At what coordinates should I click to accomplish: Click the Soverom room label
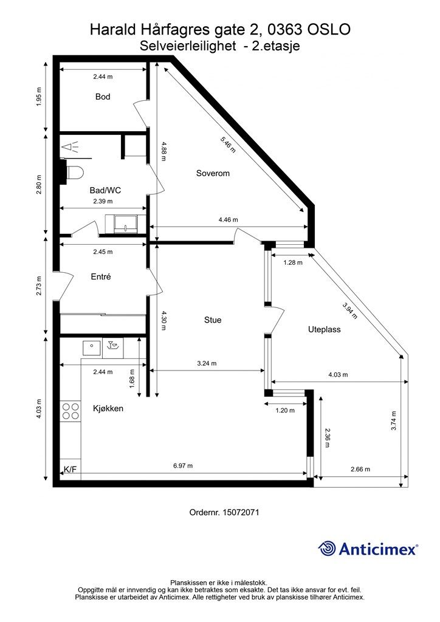click(213, 173)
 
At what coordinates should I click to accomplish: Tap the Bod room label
click(103, 97)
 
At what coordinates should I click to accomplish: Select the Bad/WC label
click(105, 190)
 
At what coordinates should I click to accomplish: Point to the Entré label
click(101, 277)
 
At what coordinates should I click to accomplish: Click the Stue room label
click(213, 320)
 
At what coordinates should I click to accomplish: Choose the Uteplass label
click(324, 330)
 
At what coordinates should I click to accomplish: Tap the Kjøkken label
click(108, 409)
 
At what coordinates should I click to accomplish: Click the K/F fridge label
click(70, 470)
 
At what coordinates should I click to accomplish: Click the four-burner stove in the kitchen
click(70, 411)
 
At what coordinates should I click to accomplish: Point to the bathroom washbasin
click(125, 224)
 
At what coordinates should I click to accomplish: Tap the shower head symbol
click(70, 147)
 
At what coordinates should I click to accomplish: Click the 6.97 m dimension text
click(183, 466)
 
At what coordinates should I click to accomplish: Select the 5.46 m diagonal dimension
click(228, 145)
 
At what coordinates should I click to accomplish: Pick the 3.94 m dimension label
click(349, 310)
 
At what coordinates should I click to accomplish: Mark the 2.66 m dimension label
click(360, 470)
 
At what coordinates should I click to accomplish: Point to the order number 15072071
click(241, 512)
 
